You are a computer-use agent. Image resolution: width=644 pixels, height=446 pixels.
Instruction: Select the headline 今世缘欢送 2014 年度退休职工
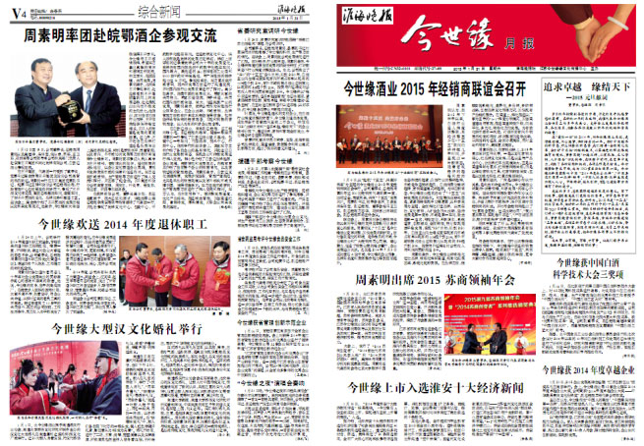pyautogui.click(x=122, y=224)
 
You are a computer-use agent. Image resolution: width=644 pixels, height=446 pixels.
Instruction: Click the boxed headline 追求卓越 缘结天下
pyautogui.click(x=588, y=88)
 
